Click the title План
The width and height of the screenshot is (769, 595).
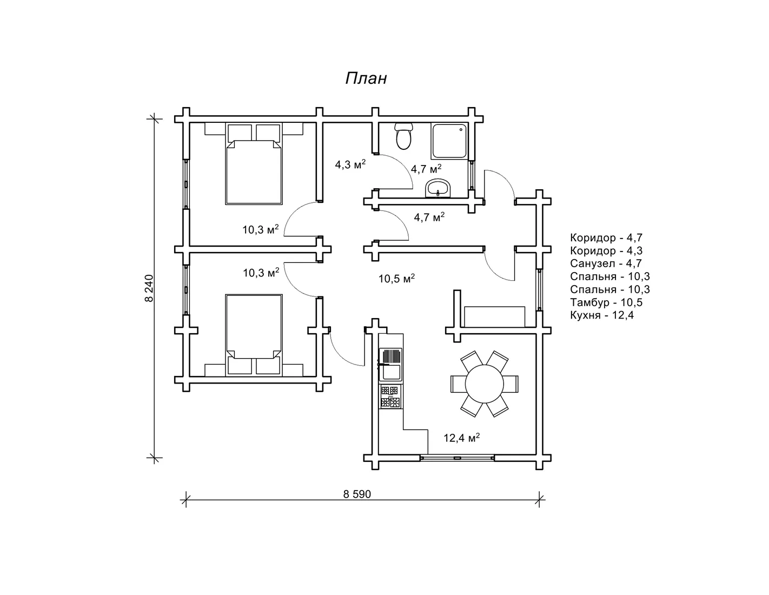click(x=366, y=78)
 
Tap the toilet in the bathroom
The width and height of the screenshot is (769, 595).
click(x=403, y=136)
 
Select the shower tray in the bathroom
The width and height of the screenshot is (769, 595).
click(x=449, y=141)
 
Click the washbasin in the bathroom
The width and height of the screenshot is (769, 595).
click(x=437, y=188)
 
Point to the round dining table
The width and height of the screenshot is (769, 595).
click(x=484, y=384)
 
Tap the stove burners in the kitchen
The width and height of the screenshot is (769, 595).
click(x=390, y=397)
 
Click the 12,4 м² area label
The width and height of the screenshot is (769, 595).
click(x=461, y=438)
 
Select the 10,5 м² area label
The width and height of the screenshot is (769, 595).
click(x=396, y=279)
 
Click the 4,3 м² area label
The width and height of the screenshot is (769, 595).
click(x=350, y=164)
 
